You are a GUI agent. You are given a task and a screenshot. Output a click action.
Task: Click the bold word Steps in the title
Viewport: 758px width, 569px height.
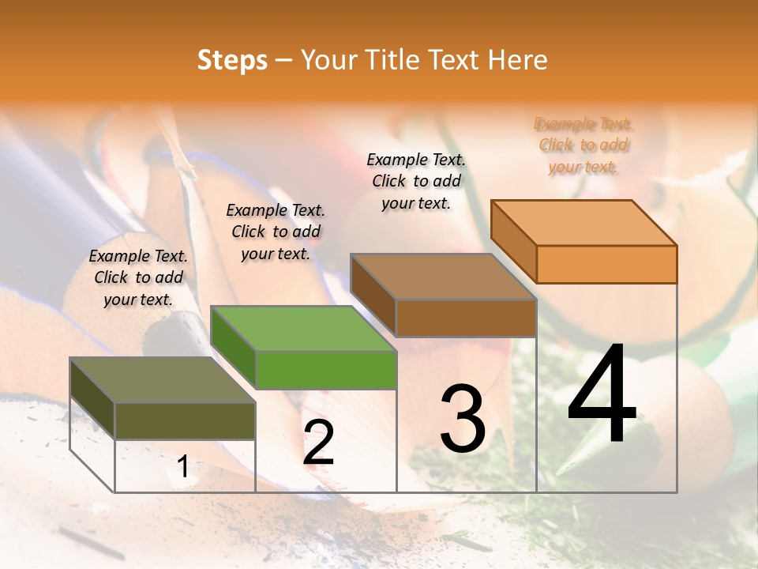coord(232,60)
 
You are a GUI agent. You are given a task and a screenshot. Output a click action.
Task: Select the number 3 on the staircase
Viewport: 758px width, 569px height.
coord(463,418)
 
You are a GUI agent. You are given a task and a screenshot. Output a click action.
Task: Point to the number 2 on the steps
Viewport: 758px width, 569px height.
coord(319,443)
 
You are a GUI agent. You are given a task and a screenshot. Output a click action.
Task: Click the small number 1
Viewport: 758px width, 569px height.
coord(183,467)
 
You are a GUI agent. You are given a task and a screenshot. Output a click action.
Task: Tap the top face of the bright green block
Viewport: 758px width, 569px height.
coord(304,329)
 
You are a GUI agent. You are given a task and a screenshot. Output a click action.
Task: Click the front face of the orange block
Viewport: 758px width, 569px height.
coord(606,264)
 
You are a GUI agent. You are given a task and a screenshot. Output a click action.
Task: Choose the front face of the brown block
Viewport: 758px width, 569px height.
coord(466,318)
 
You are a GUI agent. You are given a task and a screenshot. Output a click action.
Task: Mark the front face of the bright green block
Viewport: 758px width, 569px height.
coord(326,370)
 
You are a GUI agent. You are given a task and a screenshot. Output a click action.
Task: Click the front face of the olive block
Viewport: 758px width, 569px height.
coord(185,420)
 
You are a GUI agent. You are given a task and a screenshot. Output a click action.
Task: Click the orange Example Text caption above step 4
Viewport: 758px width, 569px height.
coord(584,145)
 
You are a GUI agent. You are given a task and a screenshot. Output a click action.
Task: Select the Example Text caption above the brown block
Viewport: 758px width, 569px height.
coord(416,181)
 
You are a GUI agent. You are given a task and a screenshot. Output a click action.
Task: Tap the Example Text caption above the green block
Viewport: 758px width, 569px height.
coord(276,232)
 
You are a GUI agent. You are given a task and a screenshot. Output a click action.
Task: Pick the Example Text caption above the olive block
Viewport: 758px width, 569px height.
coord(138,277)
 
